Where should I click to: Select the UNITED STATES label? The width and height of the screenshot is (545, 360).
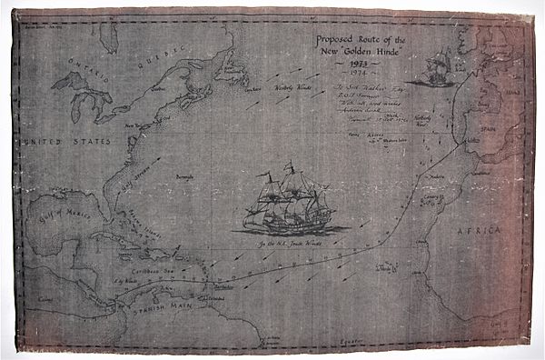click(55, 143)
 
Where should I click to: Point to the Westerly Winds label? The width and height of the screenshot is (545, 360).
click(293, 88)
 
